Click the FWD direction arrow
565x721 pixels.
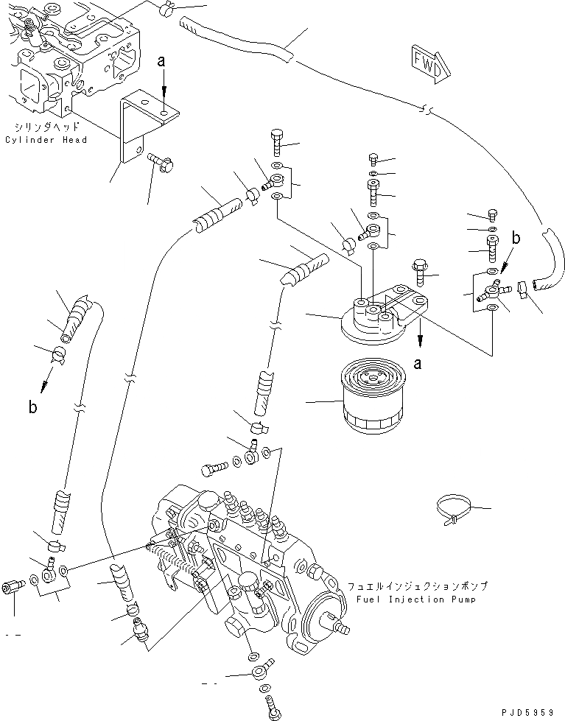coord(427,63)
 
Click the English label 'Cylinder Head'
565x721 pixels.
coord(46,140)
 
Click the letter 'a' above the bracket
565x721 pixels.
coord(161,63)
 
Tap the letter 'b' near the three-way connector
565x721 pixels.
coord(516,239)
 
